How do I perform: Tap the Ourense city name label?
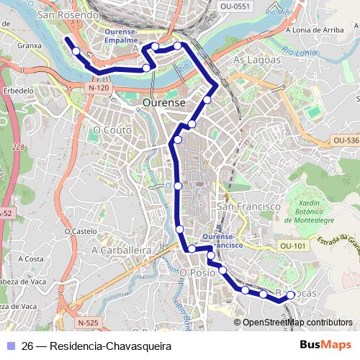pyautogui.click(x=164, y=103)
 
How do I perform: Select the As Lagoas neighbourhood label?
pyautogui.click(x=257, y=60)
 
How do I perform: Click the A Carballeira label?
pyautogui.click(x=120, y=249)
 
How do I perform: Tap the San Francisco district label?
pyautogui.click(x=248, y=206)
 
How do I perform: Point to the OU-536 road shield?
pyautogui.click(x=346, y=140)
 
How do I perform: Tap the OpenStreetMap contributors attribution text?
pyautogui.click(x=297, y=323)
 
